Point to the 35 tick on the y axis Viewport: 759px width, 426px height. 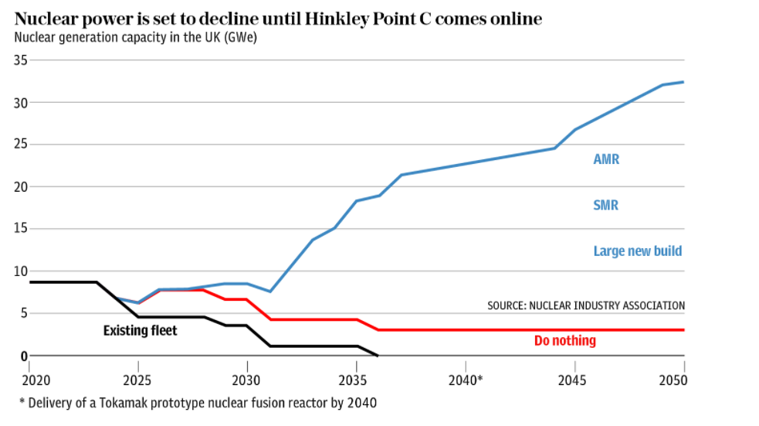tap(20, 60)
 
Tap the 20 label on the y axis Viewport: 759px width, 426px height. tap(20, 186)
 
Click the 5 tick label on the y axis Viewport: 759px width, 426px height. tap(23, 313)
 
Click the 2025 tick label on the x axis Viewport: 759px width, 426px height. tap(138, 380)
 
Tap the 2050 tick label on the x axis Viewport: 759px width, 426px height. tap(673, 380)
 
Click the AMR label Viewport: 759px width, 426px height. tap(606, 160)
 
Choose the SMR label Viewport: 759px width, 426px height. tap(606, 206)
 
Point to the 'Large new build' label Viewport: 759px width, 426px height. tap(638, 251)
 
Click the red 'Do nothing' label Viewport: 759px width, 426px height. tap(564, 341)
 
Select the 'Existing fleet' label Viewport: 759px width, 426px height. tap(140, 331)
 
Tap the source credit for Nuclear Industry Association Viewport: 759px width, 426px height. tap(586, 305)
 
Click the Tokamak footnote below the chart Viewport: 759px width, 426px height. tap(198, 403)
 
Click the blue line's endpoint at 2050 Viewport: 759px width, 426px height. tap(683, 82)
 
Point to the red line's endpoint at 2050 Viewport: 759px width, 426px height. tap(683, 330)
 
